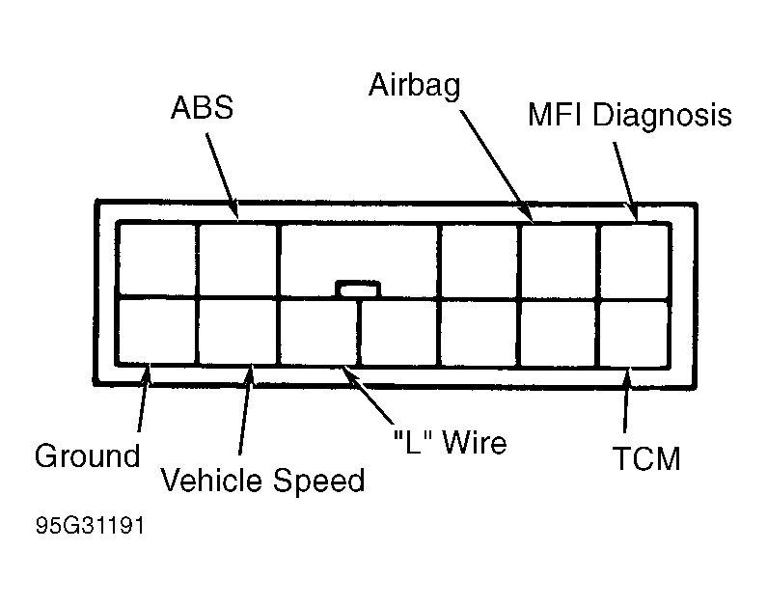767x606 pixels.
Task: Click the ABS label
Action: [202, 107]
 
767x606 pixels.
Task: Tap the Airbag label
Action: [414, 86]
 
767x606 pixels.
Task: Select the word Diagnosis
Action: [662, 116]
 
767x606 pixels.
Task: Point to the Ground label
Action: [87, 455]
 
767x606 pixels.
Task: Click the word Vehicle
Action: [211, 480]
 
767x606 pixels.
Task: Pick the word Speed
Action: [318, 481]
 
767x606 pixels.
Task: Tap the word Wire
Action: [474, 442]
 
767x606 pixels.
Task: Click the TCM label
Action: [646, 458]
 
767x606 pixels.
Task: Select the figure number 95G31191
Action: [90, 526]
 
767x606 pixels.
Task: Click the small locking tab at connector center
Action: [358, 289]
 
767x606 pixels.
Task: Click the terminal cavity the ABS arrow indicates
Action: [237, 261]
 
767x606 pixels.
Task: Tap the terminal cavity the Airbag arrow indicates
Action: [558, 262]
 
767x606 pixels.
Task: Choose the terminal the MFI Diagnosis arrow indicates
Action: [634, 262]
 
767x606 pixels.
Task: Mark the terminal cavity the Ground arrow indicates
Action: [157, 331]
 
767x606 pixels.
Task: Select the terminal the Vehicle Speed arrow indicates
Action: [237, 332]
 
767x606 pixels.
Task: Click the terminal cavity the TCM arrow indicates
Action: [634, 334]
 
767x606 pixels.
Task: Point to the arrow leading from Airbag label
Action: [497, 166]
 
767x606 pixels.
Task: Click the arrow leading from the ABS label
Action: [222, 176]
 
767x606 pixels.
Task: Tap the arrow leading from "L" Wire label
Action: [368, 396]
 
